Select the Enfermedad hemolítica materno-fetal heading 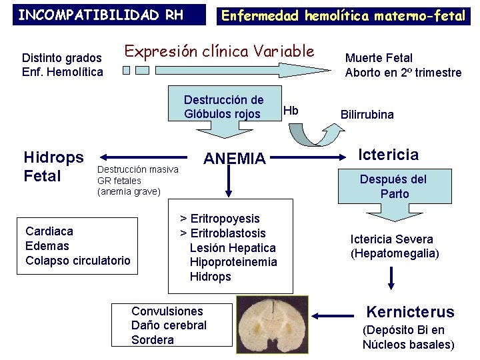[343, 15]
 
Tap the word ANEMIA [234, 159]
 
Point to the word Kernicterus [411, 312]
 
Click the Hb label [291, 110]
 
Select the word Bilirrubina [367, 115]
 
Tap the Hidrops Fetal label [53, 167]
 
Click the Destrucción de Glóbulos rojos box [223, 107]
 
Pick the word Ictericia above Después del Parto [389, 155]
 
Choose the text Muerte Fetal [379, 58]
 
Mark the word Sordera [153, 340]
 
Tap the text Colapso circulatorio [78, 261]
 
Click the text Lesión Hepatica [233, 248]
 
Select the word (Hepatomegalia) [395, 254]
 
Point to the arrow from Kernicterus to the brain [335, 316]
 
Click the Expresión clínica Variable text [219, 51]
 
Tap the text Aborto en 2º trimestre [403, 73]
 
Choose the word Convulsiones [167, 311]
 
